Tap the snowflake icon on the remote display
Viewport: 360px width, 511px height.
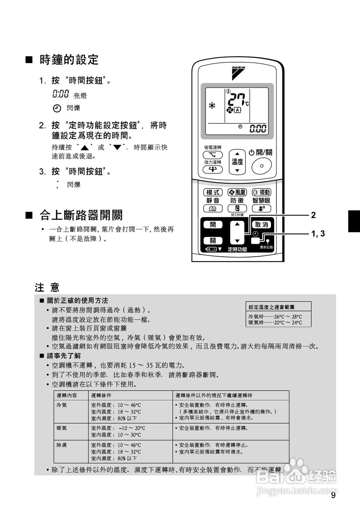point(212,106)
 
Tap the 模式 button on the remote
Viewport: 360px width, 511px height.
point(213,192)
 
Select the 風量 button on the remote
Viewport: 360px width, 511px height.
point(237,192)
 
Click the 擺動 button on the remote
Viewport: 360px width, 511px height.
point(261,192)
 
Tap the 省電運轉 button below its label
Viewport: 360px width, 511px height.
point(213,155)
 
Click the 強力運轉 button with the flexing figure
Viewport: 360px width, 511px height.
point(213,169)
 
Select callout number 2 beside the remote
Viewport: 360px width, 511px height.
point(313,215)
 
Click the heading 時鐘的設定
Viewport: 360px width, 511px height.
point(69,60)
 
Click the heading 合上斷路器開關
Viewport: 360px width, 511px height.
point(81,216)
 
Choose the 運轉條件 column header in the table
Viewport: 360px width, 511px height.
point(101,395)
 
